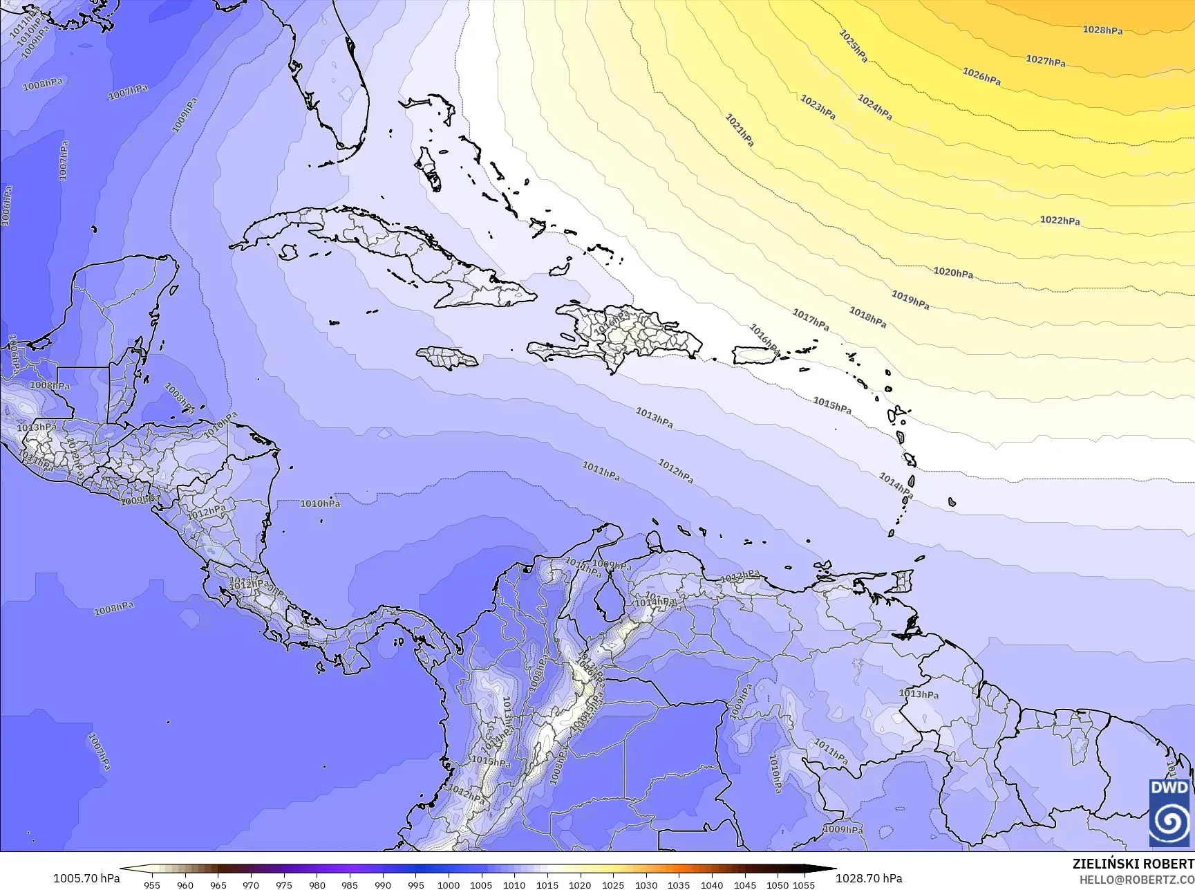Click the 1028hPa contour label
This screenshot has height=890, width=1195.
coord(1102,30)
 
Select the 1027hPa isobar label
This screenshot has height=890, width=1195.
coord(1045,61)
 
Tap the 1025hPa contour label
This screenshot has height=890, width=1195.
coord(853,46)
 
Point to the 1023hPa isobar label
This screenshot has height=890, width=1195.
coord(818,107)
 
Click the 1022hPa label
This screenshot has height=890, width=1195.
coord(1060,221)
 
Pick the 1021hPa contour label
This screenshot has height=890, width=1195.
coord(739,130)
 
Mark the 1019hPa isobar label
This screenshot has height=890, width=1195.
coord(910,300)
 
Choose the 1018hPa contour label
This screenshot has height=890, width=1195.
coord(867,317)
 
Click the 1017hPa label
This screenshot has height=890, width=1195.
coord(811,319)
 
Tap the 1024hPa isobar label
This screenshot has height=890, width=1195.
coord(874,108)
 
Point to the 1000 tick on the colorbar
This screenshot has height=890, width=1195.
coord(449,884)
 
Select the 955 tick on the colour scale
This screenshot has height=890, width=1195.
coord(152,884)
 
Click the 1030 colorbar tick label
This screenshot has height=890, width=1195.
coord(646,884)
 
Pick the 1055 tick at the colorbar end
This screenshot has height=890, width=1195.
coord(804,884)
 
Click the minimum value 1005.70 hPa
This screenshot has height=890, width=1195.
coord(86,878)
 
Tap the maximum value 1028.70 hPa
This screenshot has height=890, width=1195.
coord(869,878)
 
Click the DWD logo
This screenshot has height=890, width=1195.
coord(1169,813)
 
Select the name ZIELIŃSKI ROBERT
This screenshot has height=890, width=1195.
coord(1133,864)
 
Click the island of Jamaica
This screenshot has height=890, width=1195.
coord(447,358)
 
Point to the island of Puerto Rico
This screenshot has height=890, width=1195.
coord(756,355)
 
